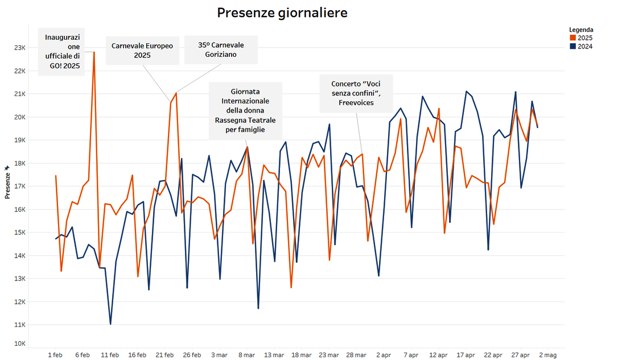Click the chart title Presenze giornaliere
pos(282,13)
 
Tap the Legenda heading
pos(581,30)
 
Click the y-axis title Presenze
pos(7,183)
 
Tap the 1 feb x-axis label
pos(55,355)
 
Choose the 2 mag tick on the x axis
pos(547,355)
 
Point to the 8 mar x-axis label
pos(246,355)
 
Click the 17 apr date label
pos(466,355)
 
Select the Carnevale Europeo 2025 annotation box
pos(142,51)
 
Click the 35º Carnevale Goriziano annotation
pos(221,49)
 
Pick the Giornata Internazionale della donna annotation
pos(245,111)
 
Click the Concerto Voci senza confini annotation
pos(356,93)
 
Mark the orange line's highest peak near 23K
pos(94,52)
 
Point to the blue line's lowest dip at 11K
pos(110,324)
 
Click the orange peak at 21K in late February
pos(176,93)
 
